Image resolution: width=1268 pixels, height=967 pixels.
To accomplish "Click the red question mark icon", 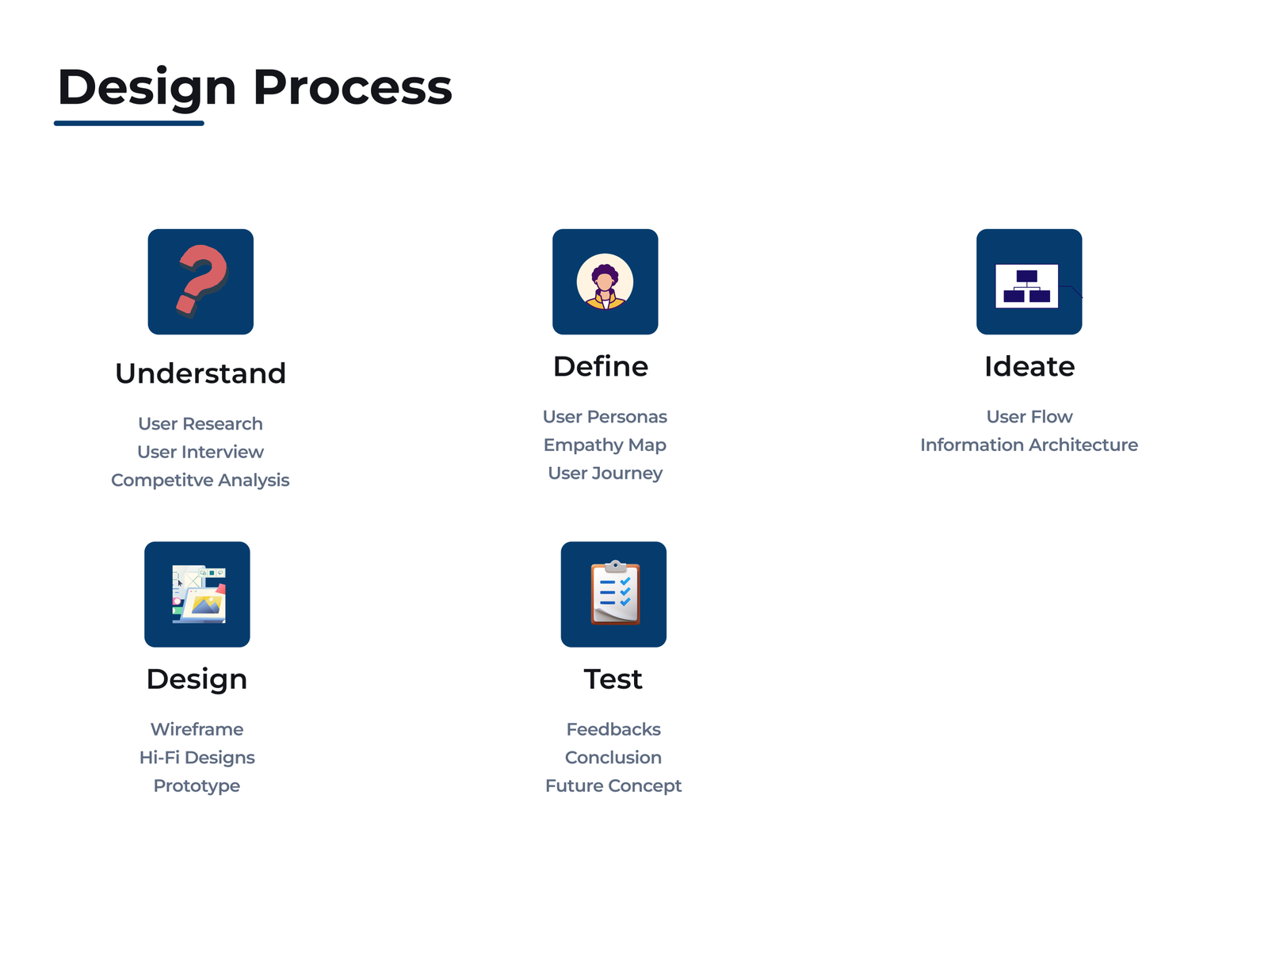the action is click(201, 281).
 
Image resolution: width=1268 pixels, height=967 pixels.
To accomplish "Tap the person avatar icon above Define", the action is click(605, 282).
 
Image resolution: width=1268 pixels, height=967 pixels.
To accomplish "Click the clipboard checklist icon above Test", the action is click(615, 593).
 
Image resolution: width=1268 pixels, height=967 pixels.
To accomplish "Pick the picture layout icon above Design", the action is click(199, 594).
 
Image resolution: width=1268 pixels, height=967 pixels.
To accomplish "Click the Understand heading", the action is click(201, 373).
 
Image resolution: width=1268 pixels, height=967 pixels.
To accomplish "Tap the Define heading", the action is click(601, 366).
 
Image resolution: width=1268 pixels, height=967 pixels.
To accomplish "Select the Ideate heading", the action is click(1029, 366).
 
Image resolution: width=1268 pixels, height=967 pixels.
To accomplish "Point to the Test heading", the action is click(613, 678).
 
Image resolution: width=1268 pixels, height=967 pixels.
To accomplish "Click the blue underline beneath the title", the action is click(129, 123).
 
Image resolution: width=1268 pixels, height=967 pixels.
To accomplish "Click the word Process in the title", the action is click(353, 87).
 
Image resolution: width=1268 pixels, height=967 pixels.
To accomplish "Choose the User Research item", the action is click(201, 424).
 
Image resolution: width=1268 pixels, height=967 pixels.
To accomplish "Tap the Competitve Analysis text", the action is click(201, 480).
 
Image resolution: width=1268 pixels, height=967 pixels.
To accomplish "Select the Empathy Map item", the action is click(605, 445).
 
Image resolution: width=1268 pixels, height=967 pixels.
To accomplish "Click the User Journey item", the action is click(605, 474).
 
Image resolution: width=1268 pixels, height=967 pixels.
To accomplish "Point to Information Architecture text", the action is click(1029, 445).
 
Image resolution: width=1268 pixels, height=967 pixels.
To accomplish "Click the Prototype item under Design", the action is click(197, 786).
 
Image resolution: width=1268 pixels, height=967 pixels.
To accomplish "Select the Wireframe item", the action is click(197, 729).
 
